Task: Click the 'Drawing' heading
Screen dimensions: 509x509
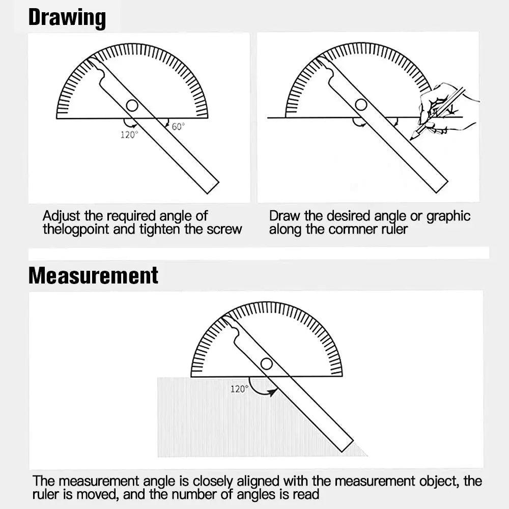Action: coord(67,18)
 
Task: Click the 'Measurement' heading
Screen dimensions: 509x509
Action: coord(93,275)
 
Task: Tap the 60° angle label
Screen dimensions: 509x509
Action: coord(178,126)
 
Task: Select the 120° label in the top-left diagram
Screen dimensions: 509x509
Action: coord(129,134)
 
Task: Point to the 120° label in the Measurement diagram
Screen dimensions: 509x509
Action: coord(240,388)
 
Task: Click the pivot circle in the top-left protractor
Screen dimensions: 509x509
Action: coord(132,106)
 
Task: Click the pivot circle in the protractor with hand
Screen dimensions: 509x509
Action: coord(361,105)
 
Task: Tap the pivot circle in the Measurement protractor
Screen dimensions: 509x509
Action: coord(267,364)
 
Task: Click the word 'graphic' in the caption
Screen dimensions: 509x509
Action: coord(448,216)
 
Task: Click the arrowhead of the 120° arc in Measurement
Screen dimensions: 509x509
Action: coord(272,392)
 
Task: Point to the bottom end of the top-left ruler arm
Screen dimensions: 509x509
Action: coord(213,188)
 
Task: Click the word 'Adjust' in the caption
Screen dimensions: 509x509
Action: coord(62,216)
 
